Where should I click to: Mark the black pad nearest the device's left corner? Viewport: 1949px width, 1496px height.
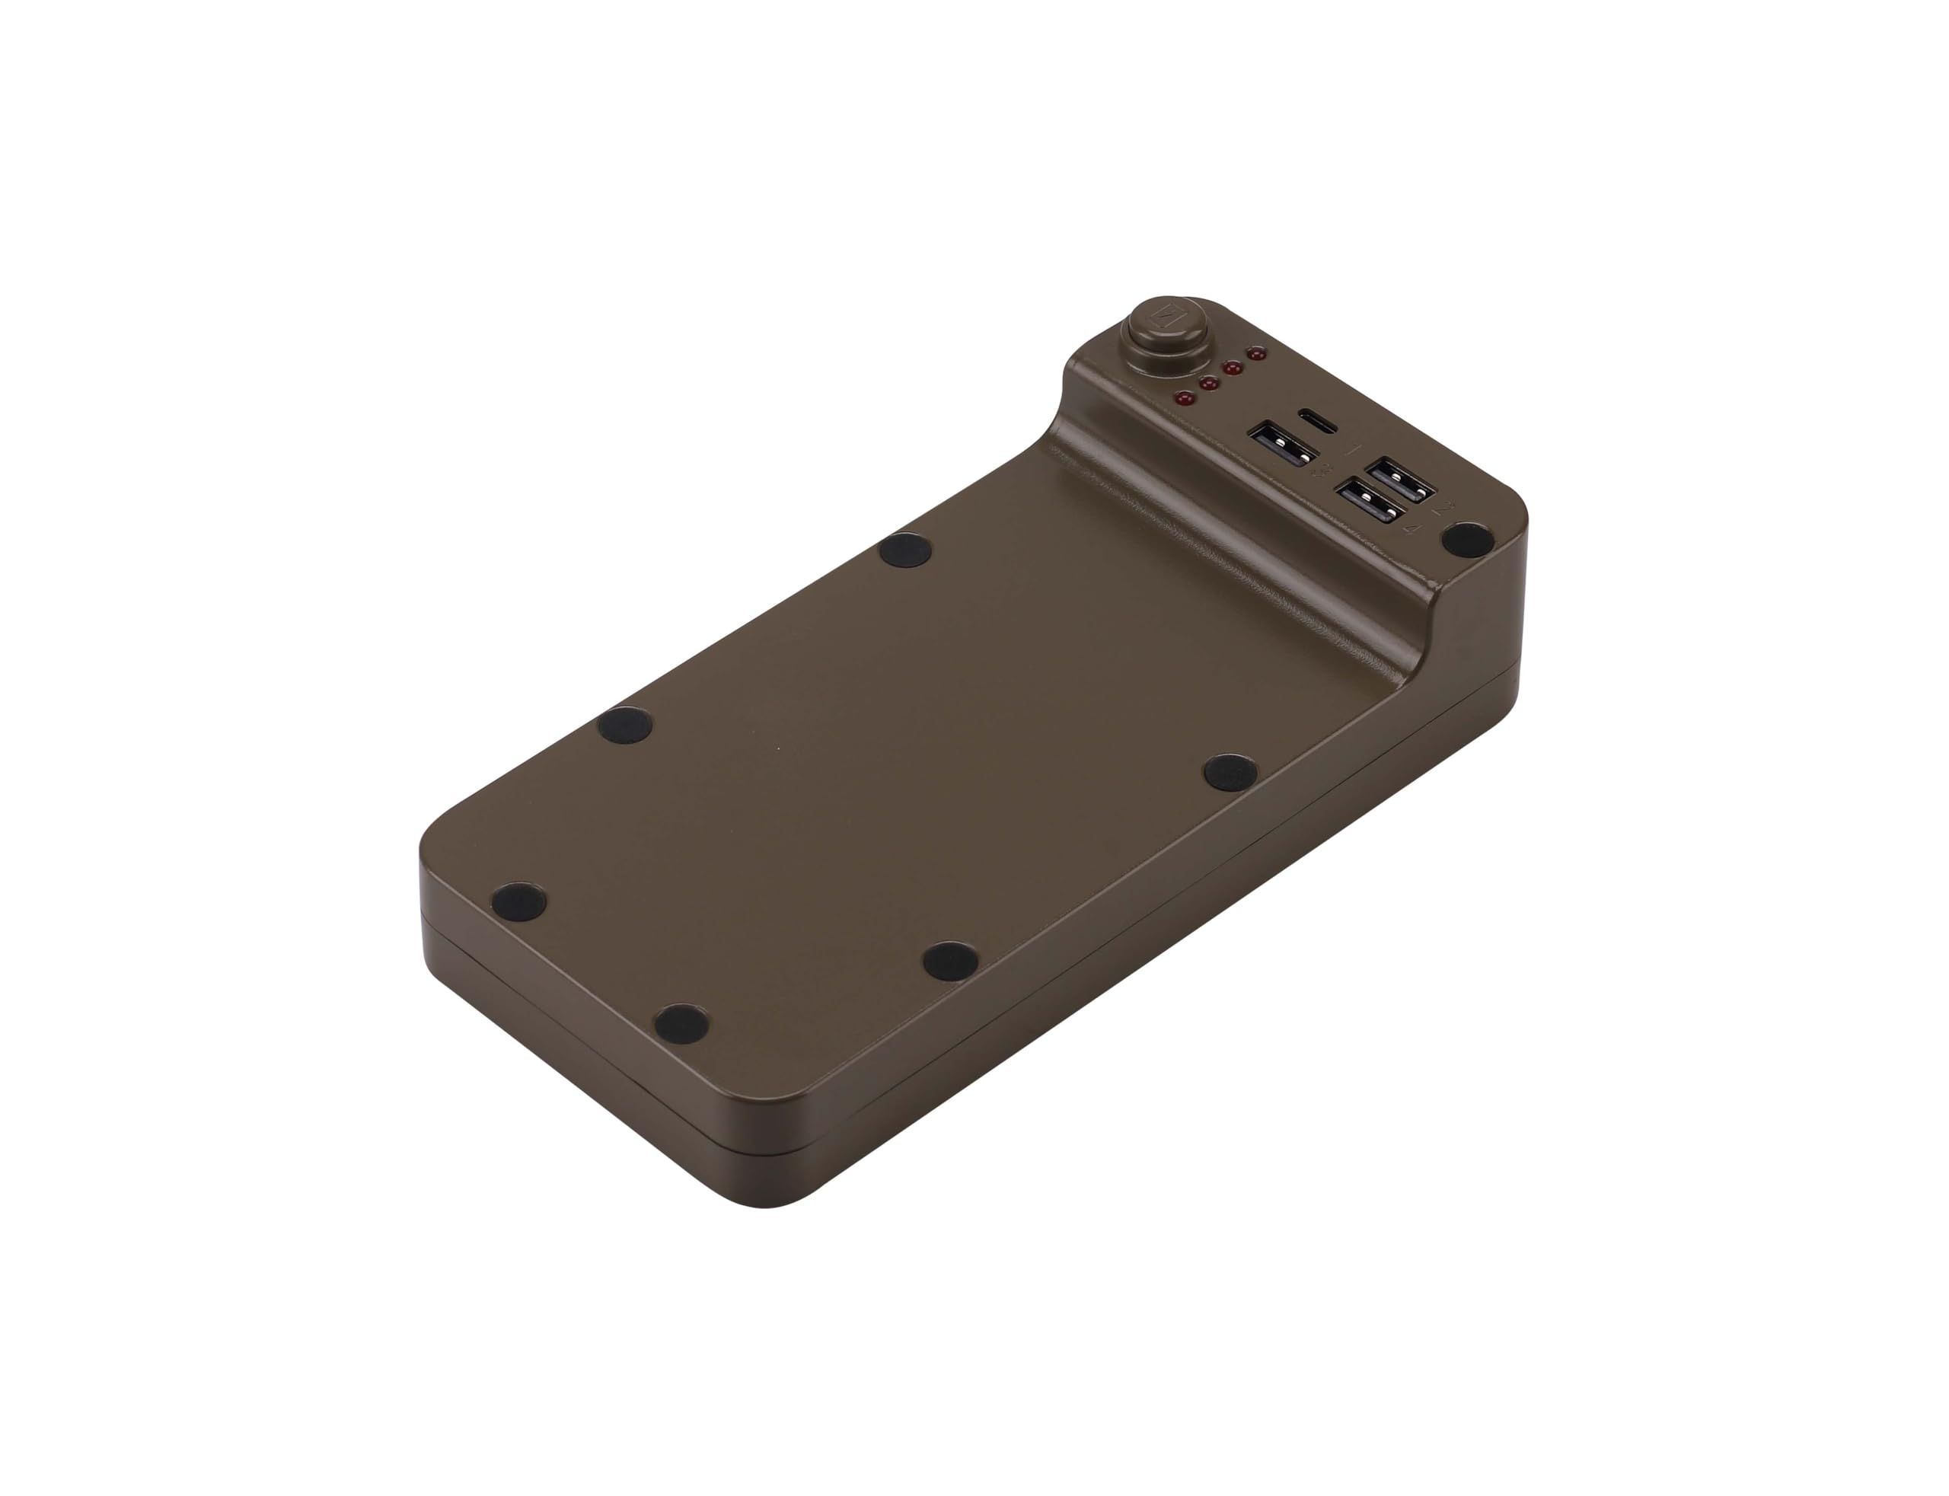(520, 904)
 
